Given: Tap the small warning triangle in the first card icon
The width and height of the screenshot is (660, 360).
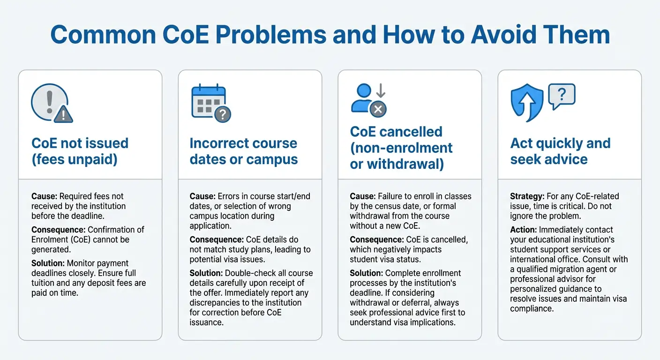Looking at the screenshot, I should [x=63, y=113].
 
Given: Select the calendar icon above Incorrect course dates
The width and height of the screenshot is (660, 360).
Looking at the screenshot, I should [x=208, y=101].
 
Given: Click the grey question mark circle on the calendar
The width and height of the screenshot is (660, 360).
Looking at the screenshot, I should [x=223, y=114].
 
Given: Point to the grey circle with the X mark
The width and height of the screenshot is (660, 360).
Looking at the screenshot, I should [x=378, y=110].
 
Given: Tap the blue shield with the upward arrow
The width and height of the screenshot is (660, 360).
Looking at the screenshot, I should [x=526, y=103].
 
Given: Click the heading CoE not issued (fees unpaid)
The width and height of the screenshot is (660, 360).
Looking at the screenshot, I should [x=80, y=151].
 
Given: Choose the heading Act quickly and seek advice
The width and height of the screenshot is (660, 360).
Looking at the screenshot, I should [x=560, y=151].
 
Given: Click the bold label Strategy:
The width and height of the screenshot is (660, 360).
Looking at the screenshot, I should [x=527, y=196].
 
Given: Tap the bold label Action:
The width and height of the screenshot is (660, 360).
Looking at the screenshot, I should [x=523, y=230].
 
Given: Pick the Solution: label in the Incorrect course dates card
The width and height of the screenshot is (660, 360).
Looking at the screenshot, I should [x=205, y=273].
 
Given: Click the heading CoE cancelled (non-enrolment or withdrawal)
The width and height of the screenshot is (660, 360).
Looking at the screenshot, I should [x=401, y=148].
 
